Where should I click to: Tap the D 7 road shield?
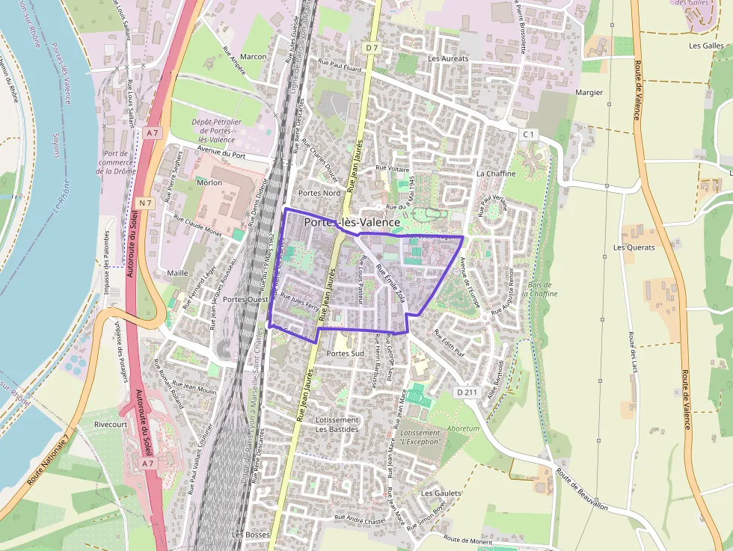(372, 47)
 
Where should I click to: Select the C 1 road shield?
(529, 134)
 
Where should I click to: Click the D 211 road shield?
(467, 392)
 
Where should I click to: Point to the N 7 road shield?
(145, 203)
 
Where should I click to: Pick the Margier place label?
(589, 93)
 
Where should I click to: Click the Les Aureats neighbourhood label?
(448, 58)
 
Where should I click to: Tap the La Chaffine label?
(496, 173)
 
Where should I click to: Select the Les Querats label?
(634, 247)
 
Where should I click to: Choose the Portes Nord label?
(319, 193)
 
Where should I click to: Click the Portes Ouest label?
(245, 299)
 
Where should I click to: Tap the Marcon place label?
(254, 57)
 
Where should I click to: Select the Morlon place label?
(209, 182)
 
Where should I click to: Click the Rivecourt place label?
(111, 424)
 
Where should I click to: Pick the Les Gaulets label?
(441, 493)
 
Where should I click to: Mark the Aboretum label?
(462, 429)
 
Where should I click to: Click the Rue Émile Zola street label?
(392, 280)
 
